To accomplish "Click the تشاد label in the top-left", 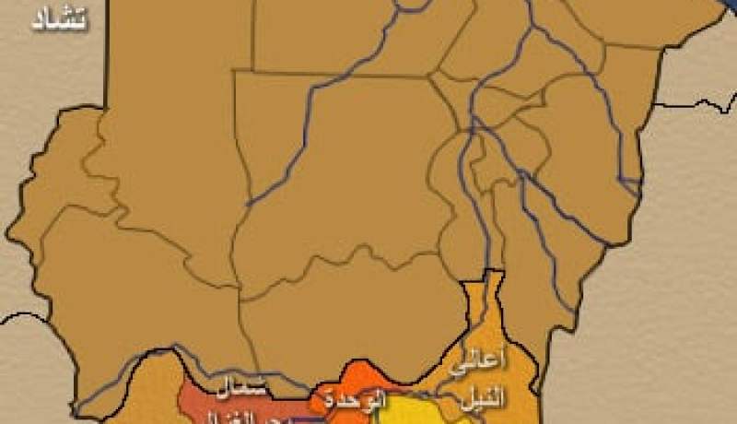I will [x=59, y=19].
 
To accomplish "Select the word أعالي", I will [x=468, y=363].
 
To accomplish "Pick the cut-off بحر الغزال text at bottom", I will [x=244, y=417].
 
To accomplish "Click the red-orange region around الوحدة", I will [x=364, y=378].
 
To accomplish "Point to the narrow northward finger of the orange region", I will [x=494, y=295].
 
